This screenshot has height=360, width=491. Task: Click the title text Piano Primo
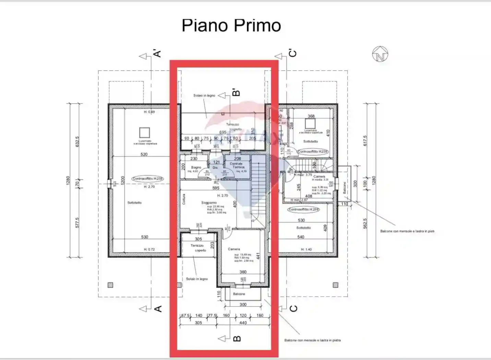click(231, 26)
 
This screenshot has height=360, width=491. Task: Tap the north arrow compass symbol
click(380, 54)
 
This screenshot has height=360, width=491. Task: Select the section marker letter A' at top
click(157, 53)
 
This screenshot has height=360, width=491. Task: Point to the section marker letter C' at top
click(292, 53)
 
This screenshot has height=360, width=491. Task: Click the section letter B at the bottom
click(237, 339)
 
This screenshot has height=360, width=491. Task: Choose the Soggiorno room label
click(209, 203)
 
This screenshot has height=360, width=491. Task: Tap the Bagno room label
click(196, 167)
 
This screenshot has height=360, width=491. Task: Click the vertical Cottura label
click(184, 199)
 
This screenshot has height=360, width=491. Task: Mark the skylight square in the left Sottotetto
click(144, 132)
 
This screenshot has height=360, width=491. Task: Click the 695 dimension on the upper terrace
click(223, 132)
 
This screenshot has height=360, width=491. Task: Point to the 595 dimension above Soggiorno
click(216, 188)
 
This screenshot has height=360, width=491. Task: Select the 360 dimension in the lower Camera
click(243, 272)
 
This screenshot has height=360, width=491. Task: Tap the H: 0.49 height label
click(149, 112)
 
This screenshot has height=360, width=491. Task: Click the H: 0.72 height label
click(149, 249)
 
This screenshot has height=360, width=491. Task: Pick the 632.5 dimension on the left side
click(77, 142)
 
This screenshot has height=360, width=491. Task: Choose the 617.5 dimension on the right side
click(365, 141)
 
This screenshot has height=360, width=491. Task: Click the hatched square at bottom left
click(110, 285)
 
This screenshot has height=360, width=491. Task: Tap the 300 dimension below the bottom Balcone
click(243, 304)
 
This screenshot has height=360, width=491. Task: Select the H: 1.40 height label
click(306, 249)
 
